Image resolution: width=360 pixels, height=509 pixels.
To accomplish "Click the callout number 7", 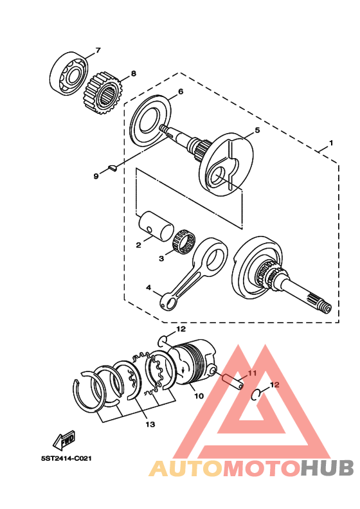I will pyautogui.click(x=98, y=49).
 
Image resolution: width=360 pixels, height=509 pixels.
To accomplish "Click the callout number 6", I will pyautogui.click(x=181, y=91).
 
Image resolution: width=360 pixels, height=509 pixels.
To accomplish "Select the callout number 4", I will pyautogui.click(x=149, y=288).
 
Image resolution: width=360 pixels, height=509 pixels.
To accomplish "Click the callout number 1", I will pyautogui.click(x=332, y=142).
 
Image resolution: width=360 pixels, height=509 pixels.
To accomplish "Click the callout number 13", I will pyautogui.click(x=150, y=424).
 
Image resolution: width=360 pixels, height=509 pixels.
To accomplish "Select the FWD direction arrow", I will pyautogui.click(x=64, y=440).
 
